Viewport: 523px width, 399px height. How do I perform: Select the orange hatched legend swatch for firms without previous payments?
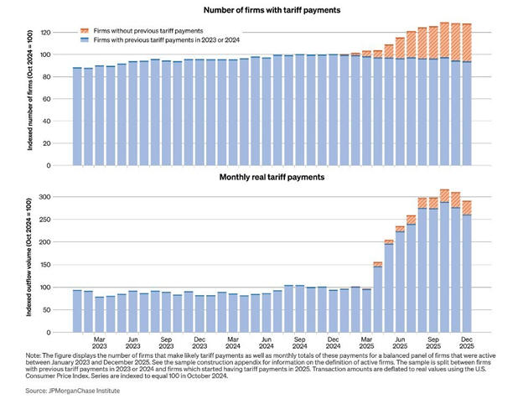tap(84, 30)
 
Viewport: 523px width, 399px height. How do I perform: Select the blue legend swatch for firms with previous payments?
tap(84, 39)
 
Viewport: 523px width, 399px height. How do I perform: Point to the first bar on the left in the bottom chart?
tap(77, 310)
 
